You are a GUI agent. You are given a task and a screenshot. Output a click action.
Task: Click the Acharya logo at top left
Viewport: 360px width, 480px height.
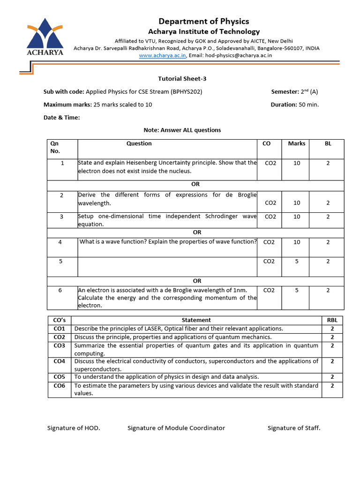click(x=45, y=37)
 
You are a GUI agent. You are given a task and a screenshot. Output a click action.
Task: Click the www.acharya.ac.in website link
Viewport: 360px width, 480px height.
click(x=163, y=55)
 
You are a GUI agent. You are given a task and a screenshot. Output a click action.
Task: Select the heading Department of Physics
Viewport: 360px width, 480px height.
click(x=203, y=21)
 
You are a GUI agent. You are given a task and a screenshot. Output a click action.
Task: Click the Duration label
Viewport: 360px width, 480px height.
click(x=284, y=105)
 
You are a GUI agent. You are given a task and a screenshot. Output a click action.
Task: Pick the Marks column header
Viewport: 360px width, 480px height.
click(x=296, y=143)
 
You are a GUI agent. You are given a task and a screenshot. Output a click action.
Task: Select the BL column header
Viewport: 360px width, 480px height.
click(x=328, y=143)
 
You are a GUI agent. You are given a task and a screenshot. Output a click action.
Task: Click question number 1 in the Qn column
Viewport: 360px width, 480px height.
click(x=62, y=163)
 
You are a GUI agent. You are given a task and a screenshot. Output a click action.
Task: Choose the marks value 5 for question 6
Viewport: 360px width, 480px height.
click(x=296, y=290)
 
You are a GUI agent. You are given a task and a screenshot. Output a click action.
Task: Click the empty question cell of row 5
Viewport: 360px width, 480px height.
click(x=167, y=265)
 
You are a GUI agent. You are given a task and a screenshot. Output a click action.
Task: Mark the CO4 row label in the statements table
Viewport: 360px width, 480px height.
click(x=60, y=361)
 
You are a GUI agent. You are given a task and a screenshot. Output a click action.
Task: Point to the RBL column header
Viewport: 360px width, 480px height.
click(x=332, y=320)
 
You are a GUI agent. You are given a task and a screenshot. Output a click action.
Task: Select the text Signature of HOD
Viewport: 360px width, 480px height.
click(x=74, y=428)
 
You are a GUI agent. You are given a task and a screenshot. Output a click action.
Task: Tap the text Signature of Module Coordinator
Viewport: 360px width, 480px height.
click(x=176, y=428)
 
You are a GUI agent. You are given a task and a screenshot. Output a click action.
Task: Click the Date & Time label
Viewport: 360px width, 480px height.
click(x=61, y=118)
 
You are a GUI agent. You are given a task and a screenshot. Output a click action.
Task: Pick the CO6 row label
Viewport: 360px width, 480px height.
click(x=60, y=385)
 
